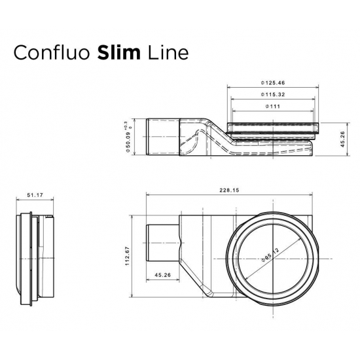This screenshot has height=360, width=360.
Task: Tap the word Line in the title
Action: click(169, 52)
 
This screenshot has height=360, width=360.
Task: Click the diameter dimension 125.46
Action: click(274, 83)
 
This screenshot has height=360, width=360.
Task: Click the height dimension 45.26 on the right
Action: click(343, 138)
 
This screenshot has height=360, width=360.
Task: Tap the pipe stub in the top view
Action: click(161, 243)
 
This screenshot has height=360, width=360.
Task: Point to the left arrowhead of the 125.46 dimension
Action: click(228, 88)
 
